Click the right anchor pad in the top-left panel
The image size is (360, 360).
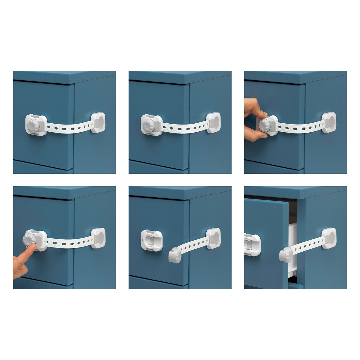click(99, 122)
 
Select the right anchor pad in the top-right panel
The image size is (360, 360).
click(329, 122)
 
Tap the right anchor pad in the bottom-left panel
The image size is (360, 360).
click(99, 238)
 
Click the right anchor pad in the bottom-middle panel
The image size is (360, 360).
click(213, 238)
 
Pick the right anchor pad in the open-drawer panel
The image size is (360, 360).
click(329, 238)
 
